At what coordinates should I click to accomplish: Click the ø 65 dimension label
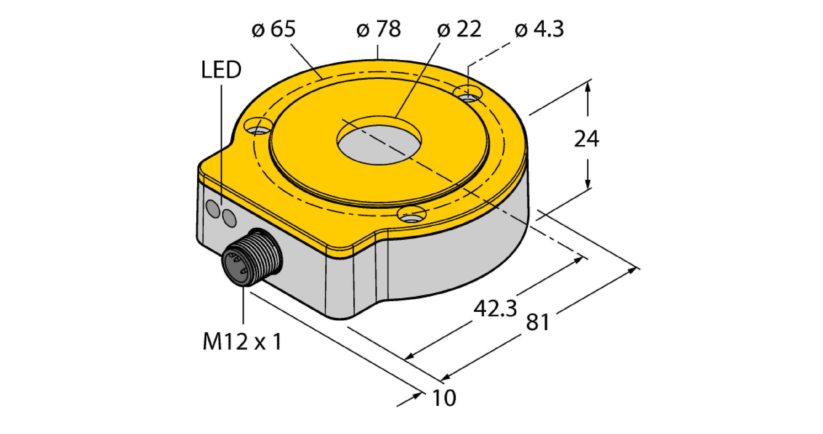click(274, 29)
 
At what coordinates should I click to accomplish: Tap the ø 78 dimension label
click(379, 29)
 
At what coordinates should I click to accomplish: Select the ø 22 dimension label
click(459, 29)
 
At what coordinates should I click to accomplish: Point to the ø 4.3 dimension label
click(539, 29)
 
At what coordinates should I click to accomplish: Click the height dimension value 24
click(587, 139)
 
